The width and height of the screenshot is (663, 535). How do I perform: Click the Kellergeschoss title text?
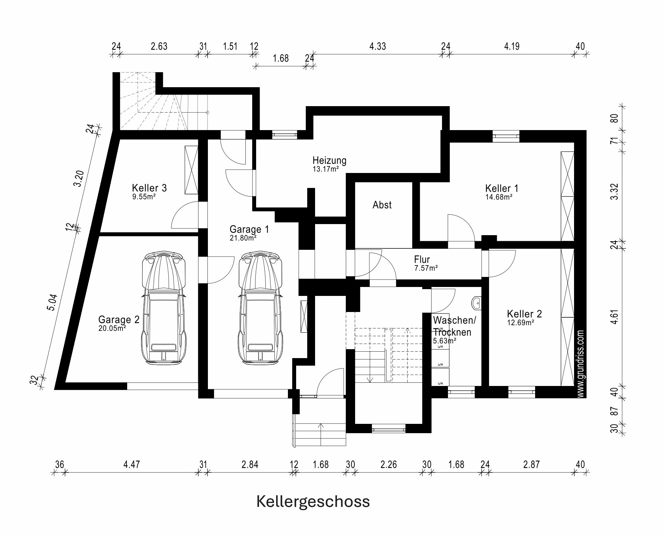[x=313, y=502]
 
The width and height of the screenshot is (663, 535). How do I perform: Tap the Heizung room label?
[x=329, y=160]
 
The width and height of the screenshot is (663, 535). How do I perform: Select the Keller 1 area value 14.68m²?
[x=499, y=197]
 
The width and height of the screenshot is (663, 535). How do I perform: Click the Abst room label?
[x=382, y=205]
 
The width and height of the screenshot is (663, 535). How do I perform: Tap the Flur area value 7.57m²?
[x=426, y=268]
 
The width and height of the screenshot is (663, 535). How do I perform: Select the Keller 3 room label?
[x=149, y=188]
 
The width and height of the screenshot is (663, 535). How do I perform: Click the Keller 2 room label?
[x=524, y=314]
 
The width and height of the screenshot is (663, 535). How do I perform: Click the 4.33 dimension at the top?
[x=378, y=46]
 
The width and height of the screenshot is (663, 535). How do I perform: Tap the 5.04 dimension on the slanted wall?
[x=52, y=302]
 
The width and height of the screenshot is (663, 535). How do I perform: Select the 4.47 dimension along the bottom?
[x=131, y=465]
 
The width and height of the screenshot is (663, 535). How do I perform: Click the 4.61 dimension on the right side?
[x=614, y=317]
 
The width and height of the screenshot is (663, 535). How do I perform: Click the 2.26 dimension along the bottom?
[x=389, y=465]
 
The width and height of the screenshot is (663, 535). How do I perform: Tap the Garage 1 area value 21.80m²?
[x=243, y=238]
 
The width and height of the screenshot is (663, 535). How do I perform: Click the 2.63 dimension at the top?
[x=159, y=46]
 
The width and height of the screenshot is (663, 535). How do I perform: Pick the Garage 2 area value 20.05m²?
[x=112, y=328]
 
